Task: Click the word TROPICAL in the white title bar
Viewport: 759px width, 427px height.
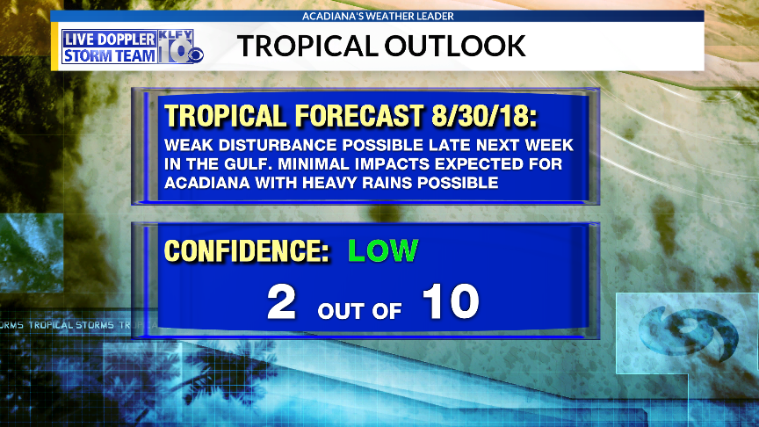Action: [307, 46]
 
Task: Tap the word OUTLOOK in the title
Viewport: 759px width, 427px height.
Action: [455, 46]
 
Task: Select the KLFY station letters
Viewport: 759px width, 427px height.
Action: [175, 35]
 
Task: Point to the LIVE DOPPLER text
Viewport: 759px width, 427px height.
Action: [110, 40]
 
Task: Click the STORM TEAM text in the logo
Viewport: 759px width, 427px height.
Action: [110, 55]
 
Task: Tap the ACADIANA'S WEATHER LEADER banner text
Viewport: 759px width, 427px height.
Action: [378, 16]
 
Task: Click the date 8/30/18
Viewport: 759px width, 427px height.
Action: [484, 116]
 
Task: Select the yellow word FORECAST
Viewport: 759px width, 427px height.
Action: [359, 116]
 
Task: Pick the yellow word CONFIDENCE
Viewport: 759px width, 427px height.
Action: [247, 250]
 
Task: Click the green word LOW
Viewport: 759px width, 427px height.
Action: [383, 250]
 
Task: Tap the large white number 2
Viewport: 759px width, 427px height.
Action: [281, 301]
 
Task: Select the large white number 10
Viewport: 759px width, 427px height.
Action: [451, 301]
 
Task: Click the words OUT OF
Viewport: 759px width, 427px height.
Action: [359, 311]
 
